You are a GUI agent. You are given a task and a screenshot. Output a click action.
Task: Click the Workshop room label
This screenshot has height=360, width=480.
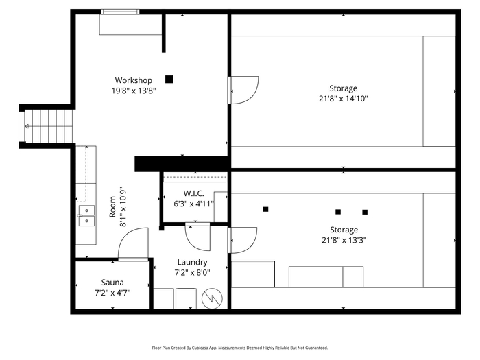pyautogui.click(x=134, y=80)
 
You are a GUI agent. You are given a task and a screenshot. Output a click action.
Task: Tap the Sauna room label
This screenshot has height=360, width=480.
pyautogui.click(x=112, y=283)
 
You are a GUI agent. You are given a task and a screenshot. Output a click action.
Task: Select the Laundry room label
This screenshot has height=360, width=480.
pyautogui.click(x=192, y=263)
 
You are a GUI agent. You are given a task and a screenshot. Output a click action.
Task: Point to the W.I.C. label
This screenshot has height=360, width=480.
pyautogui.click(x=193, y=193)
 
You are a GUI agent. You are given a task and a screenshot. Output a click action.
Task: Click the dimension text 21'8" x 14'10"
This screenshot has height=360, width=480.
pyautogui.click(x=343, y=99)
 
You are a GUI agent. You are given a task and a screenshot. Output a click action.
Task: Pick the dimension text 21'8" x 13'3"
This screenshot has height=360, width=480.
pyautogui.click(x=344, y=240)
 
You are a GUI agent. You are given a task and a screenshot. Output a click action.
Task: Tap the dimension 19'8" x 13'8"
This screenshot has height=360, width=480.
pyautogui.click(x=134, y=91)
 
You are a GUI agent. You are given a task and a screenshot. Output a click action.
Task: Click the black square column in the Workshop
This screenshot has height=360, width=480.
pyautogui.click(x=169, y=80)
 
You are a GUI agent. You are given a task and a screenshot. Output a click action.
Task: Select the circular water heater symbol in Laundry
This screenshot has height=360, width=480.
pyautogui.click(x=212, y=298)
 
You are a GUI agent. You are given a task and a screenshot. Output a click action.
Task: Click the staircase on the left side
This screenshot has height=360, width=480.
pyautogui.click(x=49, y=126)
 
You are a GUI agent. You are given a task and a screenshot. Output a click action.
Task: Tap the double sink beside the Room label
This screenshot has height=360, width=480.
pyautogui.click(x=86, y=215)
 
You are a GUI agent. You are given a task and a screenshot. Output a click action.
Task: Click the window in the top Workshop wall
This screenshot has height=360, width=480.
pyautogui.click(x=120, y=12)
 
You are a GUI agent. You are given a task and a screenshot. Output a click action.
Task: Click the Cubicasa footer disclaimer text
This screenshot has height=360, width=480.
pyautogui.click(x=240, y=348)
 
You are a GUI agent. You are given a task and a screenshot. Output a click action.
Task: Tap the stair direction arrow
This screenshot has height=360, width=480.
pyautogui.click(x=27, y=126)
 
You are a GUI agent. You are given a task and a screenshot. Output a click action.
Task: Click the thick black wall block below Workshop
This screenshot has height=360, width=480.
pyautogui.click(x=182, y=164)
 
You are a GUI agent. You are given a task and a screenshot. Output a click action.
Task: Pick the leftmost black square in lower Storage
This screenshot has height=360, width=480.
pyautogui.click(x=266, y=209)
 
